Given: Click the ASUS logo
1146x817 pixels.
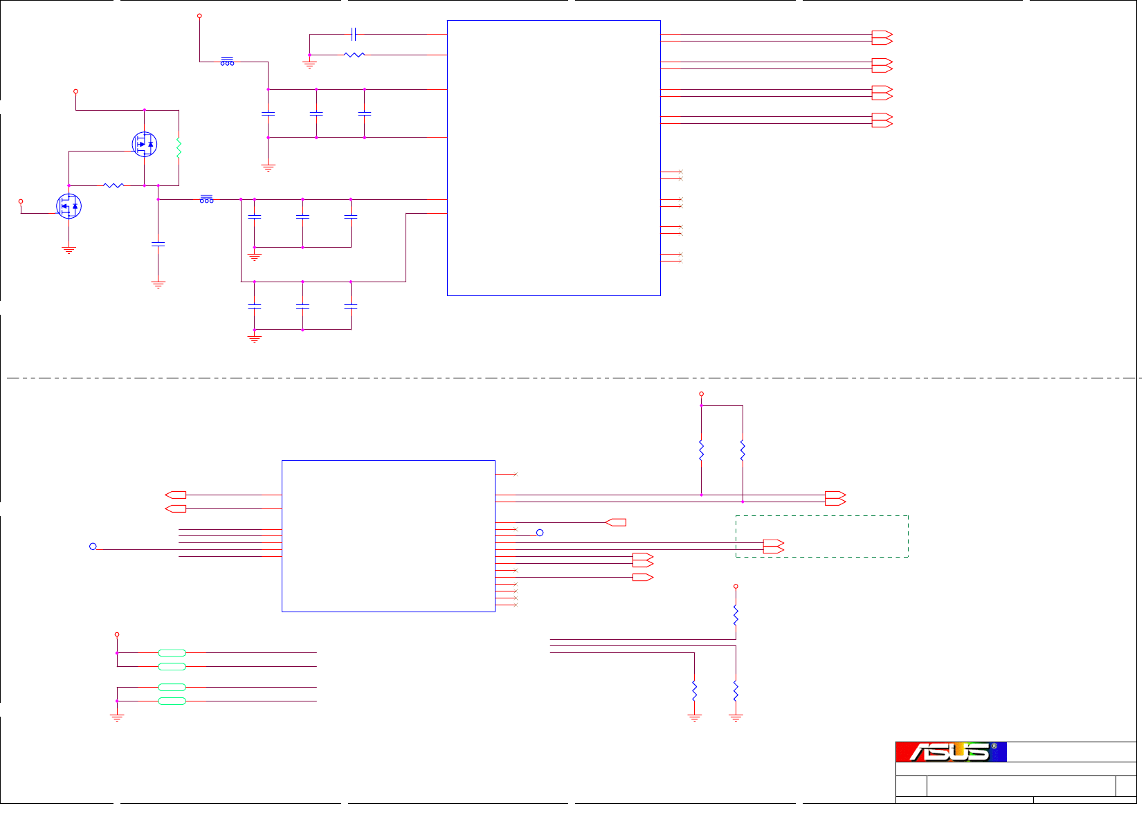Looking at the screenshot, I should [951, 752].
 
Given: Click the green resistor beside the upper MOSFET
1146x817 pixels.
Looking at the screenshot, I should [179, 147].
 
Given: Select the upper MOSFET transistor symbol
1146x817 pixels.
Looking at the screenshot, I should [144, 145].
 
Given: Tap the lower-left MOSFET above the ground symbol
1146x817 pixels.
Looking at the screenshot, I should [69, 206].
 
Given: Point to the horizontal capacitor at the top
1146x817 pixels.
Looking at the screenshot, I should [354, 34].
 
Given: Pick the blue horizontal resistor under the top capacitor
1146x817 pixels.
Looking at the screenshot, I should [354, 55].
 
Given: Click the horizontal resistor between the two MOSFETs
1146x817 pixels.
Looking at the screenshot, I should [113, 185].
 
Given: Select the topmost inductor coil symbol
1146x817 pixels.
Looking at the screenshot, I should [227, 62].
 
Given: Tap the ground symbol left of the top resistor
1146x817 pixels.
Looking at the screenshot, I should [309, 65].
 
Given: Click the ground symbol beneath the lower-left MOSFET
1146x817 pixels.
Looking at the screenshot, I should [69, 250].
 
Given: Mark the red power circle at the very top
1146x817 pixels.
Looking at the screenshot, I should [199, 15].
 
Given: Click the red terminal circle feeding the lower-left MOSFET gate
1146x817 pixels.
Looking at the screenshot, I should [21, 201].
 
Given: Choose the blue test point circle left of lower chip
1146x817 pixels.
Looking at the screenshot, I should [93, 547].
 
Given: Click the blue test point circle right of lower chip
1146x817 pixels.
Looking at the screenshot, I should [540, 533].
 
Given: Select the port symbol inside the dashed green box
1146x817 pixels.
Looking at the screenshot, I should [773, 547].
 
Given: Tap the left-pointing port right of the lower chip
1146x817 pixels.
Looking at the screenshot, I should [616, 522].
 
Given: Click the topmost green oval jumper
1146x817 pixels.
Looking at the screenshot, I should [172, 653].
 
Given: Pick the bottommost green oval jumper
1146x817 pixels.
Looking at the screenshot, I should [172, 701].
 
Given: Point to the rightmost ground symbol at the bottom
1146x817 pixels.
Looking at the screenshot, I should [736, 718].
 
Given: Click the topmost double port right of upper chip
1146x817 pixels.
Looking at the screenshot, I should [882, 37].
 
